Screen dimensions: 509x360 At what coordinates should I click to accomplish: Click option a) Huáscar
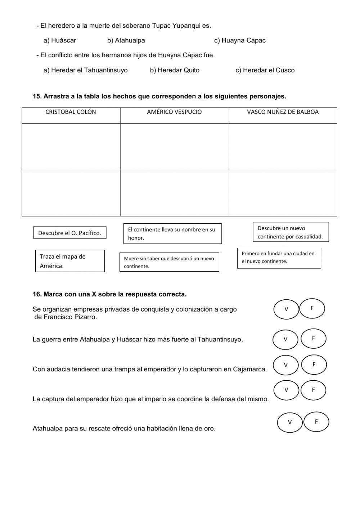[60, 40]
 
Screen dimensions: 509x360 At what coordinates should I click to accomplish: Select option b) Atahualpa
[126, 40]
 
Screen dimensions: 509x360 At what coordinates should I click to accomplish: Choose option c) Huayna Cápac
[240, 40]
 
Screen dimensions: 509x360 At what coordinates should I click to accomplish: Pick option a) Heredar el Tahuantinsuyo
[85, 70]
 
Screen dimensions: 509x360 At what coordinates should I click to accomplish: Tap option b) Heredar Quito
[175, 70]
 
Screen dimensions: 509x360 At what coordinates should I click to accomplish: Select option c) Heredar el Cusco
[265, 70]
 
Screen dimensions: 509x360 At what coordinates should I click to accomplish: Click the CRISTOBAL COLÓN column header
[71, 112]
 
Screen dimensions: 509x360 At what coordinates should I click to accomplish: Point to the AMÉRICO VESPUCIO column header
[174, 112]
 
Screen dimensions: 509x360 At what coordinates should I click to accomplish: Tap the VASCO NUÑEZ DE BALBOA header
[283, 112]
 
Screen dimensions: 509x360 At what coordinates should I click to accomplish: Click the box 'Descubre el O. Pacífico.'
[70, 233]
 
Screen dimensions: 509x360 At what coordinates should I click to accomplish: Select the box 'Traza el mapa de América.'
[70, 261]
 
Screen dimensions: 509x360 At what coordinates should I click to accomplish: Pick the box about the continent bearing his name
[172, 233]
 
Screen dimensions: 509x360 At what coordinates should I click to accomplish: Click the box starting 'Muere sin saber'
[169, 262]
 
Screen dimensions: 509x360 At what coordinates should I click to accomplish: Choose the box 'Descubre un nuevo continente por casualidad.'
[291, 232]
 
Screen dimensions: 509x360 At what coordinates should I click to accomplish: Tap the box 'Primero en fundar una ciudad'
[279, 258]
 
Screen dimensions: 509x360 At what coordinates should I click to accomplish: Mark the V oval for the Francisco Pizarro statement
[286, 309]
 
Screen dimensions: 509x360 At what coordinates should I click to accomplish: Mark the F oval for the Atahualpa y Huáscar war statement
[313, 339]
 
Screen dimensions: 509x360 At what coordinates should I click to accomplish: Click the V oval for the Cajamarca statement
[285, 365]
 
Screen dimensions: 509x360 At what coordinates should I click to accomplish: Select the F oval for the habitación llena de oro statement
[316, 422]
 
